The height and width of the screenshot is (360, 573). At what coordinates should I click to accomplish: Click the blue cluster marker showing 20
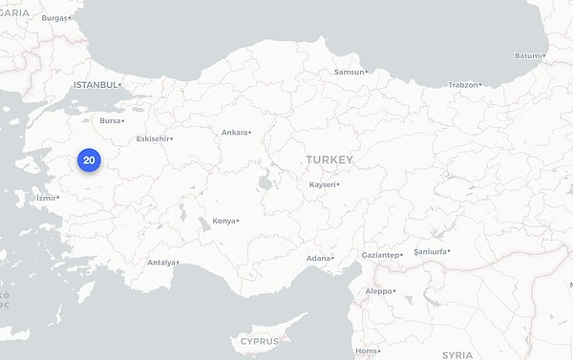pos(89,160)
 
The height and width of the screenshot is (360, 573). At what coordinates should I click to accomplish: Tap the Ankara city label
pos(234,133)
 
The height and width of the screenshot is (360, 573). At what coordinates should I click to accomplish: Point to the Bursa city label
pos(111,121)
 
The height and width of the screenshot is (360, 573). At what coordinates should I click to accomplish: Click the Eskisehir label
pos(153,138)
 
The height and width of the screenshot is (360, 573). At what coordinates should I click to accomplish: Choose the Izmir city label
pos(47,199)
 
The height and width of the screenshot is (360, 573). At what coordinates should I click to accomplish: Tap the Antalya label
pos(161,263)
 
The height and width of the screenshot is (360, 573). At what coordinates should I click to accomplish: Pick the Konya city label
pos(223,221)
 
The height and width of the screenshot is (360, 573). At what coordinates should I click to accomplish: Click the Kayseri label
pos(323,184)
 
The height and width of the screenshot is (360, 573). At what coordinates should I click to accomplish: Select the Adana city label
pos(318,259)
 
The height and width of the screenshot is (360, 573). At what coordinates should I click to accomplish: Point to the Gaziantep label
pos(381,255)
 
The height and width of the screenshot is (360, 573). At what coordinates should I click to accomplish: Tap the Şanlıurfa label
pos(430,252)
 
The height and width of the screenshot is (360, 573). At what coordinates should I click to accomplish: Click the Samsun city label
pos(349,72)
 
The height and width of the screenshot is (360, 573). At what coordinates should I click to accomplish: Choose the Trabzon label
pos(463,85)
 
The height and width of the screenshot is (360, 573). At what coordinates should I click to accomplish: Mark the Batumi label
pos(527,55)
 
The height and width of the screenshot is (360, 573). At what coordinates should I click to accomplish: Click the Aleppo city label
pos(378,291)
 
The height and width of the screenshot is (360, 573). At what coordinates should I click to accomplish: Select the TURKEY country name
pos(329,159)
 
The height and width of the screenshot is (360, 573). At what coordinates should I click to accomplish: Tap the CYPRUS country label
pos(259,341)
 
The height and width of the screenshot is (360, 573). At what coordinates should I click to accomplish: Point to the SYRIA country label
pos(456,354)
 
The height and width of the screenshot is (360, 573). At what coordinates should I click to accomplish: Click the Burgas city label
pos(54,18)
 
